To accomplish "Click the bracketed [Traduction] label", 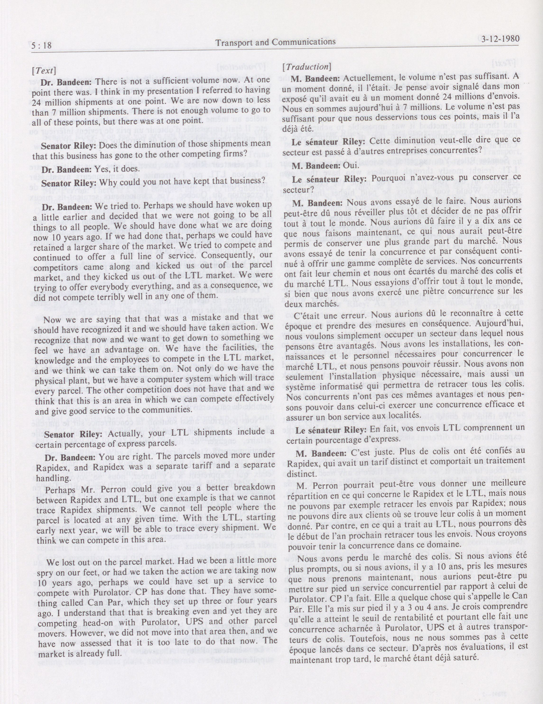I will pyautogui.click(x=306, y=67).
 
